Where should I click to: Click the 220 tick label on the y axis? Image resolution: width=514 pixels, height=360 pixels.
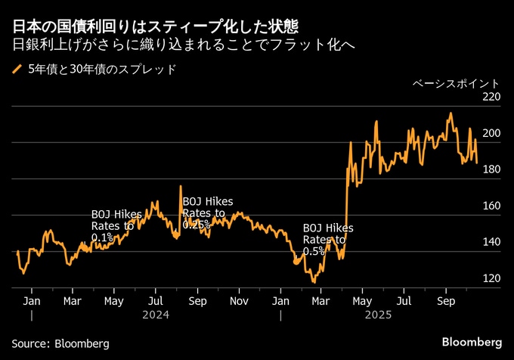(x=491, y=98)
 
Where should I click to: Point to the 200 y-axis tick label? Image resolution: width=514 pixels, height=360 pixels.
(x=491, y=133)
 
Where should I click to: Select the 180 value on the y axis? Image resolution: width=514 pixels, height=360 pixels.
(x=491, y=169)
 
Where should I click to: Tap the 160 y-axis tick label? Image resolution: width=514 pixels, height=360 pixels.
(x=491, y=206)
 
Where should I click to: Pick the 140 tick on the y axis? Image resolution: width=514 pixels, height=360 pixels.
(x=491, y=242)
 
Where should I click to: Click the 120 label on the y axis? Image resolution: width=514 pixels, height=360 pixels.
(x=491, y=278)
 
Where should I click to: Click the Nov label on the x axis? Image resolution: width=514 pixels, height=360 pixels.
(x=239, y=301)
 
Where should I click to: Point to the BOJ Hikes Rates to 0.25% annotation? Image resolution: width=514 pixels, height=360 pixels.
(x=208, y=213)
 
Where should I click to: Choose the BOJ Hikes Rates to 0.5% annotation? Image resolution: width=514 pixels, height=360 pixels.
(x=328, y=239)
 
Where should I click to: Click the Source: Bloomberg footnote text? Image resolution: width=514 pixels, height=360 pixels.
(x=60, y=343)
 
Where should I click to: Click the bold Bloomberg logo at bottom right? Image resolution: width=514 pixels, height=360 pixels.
(x=472, y=343)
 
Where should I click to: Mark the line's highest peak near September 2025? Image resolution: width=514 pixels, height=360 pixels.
(x=451, y=113)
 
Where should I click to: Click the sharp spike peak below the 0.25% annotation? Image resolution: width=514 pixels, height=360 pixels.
(x=181, y=186)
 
